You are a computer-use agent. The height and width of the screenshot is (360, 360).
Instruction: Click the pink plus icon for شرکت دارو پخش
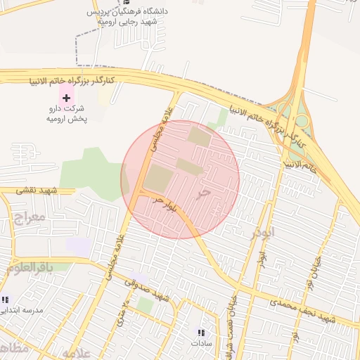tap(67, 96)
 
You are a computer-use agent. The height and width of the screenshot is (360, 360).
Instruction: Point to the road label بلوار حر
tap(169, 206)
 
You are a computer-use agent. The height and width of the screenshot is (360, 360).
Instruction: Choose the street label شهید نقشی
tap(39, 191)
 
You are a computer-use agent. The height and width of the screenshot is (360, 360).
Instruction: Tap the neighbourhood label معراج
tap(28, 217)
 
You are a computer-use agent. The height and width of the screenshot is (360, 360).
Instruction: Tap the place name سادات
tap(201, 344)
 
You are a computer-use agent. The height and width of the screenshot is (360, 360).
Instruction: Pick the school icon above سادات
tap(201, 333)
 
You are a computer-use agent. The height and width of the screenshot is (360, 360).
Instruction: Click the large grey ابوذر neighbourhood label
tap(262, 231)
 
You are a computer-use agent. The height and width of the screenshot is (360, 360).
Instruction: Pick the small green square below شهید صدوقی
tap(144, 305)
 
